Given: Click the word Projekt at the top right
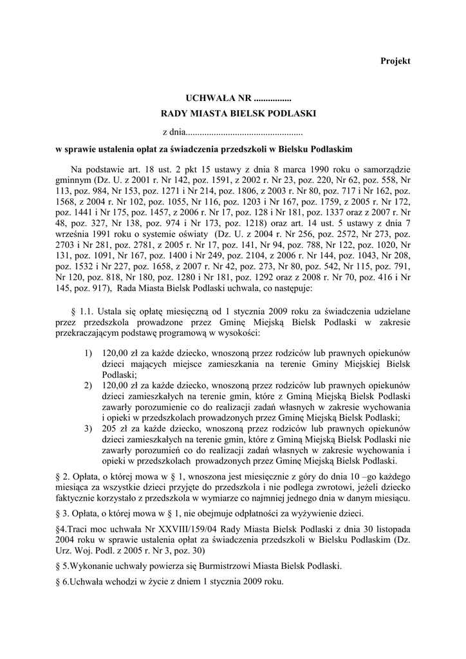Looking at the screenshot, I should coord(395,60).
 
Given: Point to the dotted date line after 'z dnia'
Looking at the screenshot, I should coord(244,133).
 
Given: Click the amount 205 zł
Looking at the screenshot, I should coord(114,429).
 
